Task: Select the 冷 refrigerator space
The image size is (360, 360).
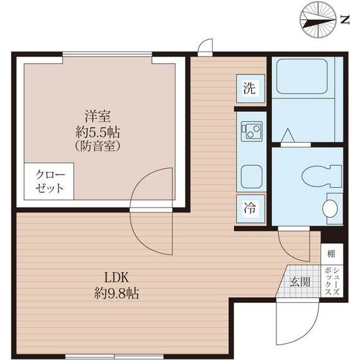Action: click(x=249, y=207)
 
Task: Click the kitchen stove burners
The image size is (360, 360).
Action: click(x=249, y=132)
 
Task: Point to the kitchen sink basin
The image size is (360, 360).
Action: click(x=249, y=174)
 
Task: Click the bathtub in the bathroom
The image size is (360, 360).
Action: click(x=300, y=78)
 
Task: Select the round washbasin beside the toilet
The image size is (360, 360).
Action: click(x=329, y=208)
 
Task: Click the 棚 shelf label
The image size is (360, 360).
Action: click(x=330, y=254)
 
